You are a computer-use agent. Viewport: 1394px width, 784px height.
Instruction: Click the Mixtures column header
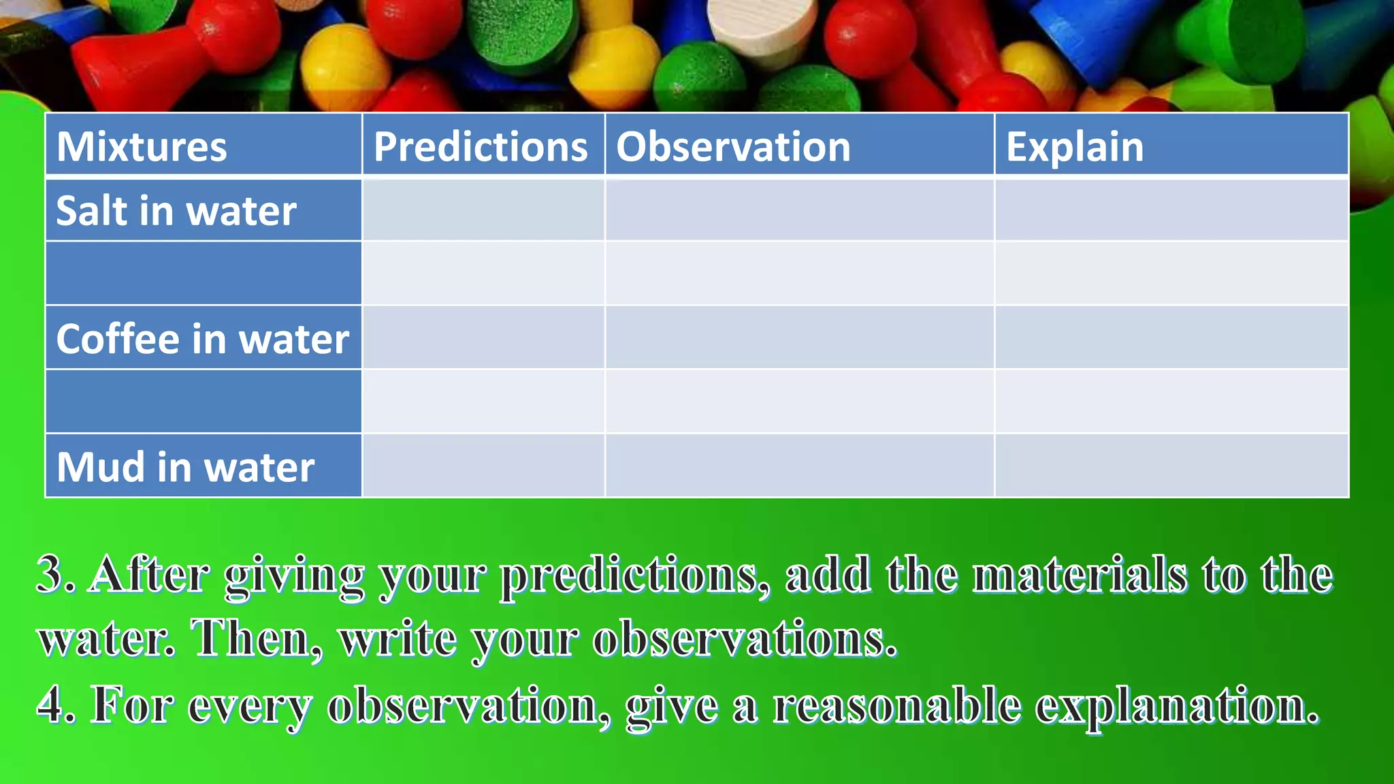coord(142,146)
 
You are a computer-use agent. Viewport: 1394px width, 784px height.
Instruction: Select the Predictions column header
coord(481,146)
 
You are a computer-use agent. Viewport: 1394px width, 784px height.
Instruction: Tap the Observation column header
coord(733,146)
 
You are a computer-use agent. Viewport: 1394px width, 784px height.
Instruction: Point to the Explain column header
coord(1075,146)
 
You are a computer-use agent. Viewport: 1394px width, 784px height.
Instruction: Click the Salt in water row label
coord(176,210)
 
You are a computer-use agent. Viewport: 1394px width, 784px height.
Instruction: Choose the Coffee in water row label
coord(202,338)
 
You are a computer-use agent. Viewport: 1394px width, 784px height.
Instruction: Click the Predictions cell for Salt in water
coord(483,210)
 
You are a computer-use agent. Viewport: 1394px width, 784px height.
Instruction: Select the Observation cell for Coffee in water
coord(799,338)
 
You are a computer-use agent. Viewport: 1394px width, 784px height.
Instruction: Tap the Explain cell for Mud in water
coord(1171,465)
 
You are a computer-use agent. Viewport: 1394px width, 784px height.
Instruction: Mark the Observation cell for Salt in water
coord(799,210)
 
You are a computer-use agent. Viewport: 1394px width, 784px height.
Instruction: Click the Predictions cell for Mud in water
coord(483,465)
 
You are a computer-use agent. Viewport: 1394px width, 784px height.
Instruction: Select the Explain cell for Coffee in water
coord(1171,338)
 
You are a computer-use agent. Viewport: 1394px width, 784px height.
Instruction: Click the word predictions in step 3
coord(634,576)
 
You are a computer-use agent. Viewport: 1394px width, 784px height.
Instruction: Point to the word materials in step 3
coord(1080,574)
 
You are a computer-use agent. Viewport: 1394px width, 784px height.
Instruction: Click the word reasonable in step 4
coord(896,705)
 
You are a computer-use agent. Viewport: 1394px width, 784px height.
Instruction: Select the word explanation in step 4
coord(1177,706)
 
